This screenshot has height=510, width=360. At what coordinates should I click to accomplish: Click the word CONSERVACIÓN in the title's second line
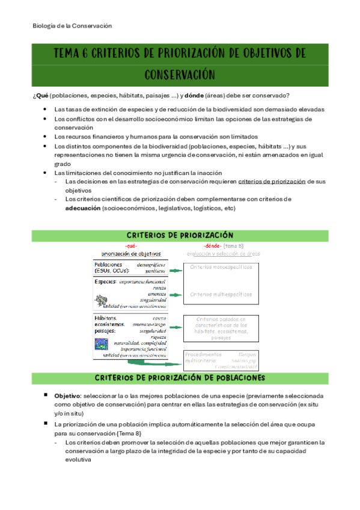click(x=180, y=75)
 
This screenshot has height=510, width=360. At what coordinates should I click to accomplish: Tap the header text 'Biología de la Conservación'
click(x=72, y=26)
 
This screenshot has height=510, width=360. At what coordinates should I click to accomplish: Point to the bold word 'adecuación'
click(x=82, y=208)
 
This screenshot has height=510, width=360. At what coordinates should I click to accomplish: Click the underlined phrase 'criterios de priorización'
click(x=272, y=181)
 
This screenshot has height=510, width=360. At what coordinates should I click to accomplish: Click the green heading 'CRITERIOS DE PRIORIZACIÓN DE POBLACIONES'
click(x=180, y=378)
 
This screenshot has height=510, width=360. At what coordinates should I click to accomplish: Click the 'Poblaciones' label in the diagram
click(x=108, y=265)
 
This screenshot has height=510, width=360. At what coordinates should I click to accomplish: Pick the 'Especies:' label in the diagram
click(x=106, y=281)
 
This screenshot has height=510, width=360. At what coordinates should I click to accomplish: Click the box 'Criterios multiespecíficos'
click(x=221, y=294)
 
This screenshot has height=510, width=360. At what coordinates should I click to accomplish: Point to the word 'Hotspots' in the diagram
click(x=247, y=354)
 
